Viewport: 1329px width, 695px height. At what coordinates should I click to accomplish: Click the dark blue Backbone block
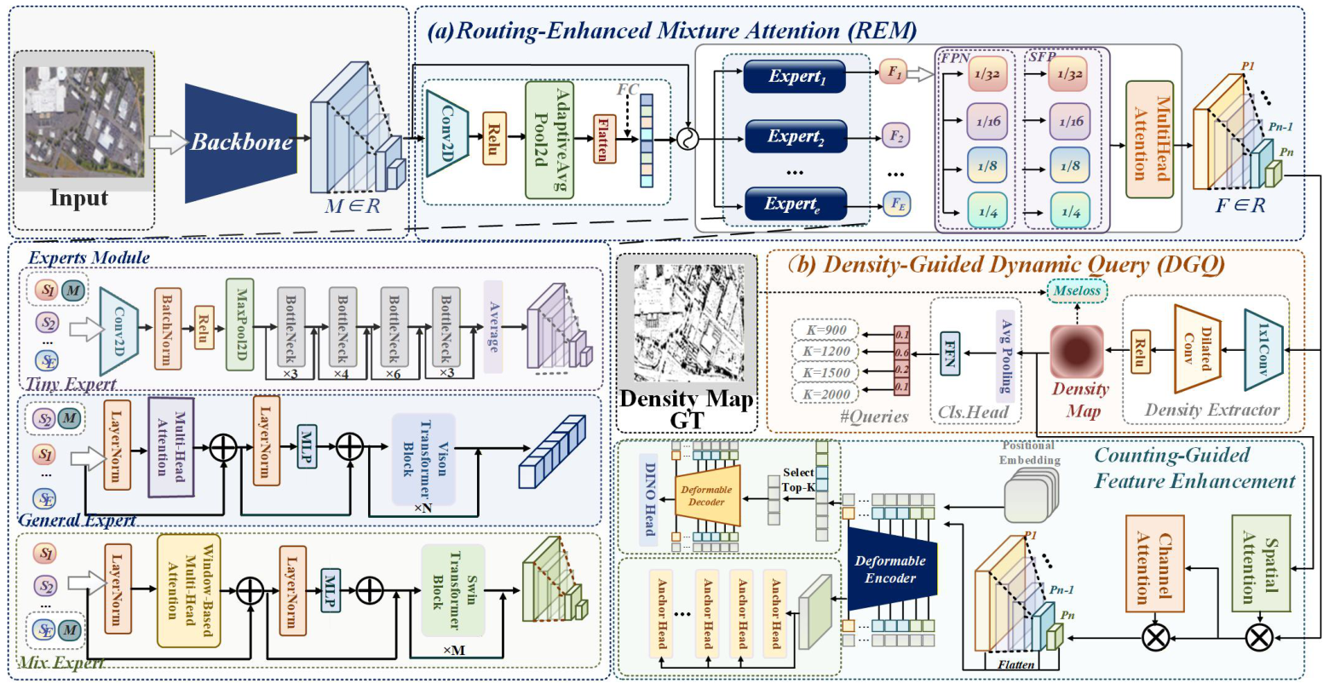240,142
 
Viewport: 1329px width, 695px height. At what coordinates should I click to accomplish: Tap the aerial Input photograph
84,122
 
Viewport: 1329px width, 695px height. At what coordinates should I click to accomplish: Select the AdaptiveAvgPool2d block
549,139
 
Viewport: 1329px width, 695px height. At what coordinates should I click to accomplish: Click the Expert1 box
795,76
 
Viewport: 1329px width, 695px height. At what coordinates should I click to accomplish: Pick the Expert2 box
796,136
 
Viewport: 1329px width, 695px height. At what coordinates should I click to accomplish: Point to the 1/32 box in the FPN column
987,73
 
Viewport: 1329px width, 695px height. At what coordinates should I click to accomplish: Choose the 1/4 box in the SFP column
1068,211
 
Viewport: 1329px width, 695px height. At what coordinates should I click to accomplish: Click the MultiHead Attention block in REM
1149,139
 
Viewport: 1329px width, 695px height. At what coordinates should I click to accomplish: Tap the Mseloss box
1077,290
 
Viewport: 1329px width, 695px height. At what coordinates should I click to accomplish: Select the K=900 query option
826,330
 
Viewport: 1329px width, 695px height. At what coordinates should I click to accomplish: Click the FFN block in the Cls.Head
948,353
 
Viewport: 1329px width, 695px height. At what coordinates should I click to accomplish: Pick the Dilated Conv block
1198,349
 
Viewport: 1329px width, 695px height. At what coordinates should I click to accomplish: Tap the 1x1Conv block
1263,349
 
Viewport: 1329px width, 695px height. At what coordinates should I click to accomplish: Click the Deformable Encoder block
890,569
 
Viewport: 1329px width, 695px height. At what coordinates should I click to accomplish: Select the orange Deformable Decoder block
706,496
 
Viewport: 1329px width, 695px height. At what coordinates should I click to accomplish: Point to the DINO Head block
651,498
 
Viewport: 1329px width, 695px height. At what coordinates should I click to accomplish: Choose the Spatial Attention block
1261,564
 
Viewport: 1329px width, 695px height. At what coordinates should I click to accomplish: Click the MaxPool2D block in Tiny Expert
240,324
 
